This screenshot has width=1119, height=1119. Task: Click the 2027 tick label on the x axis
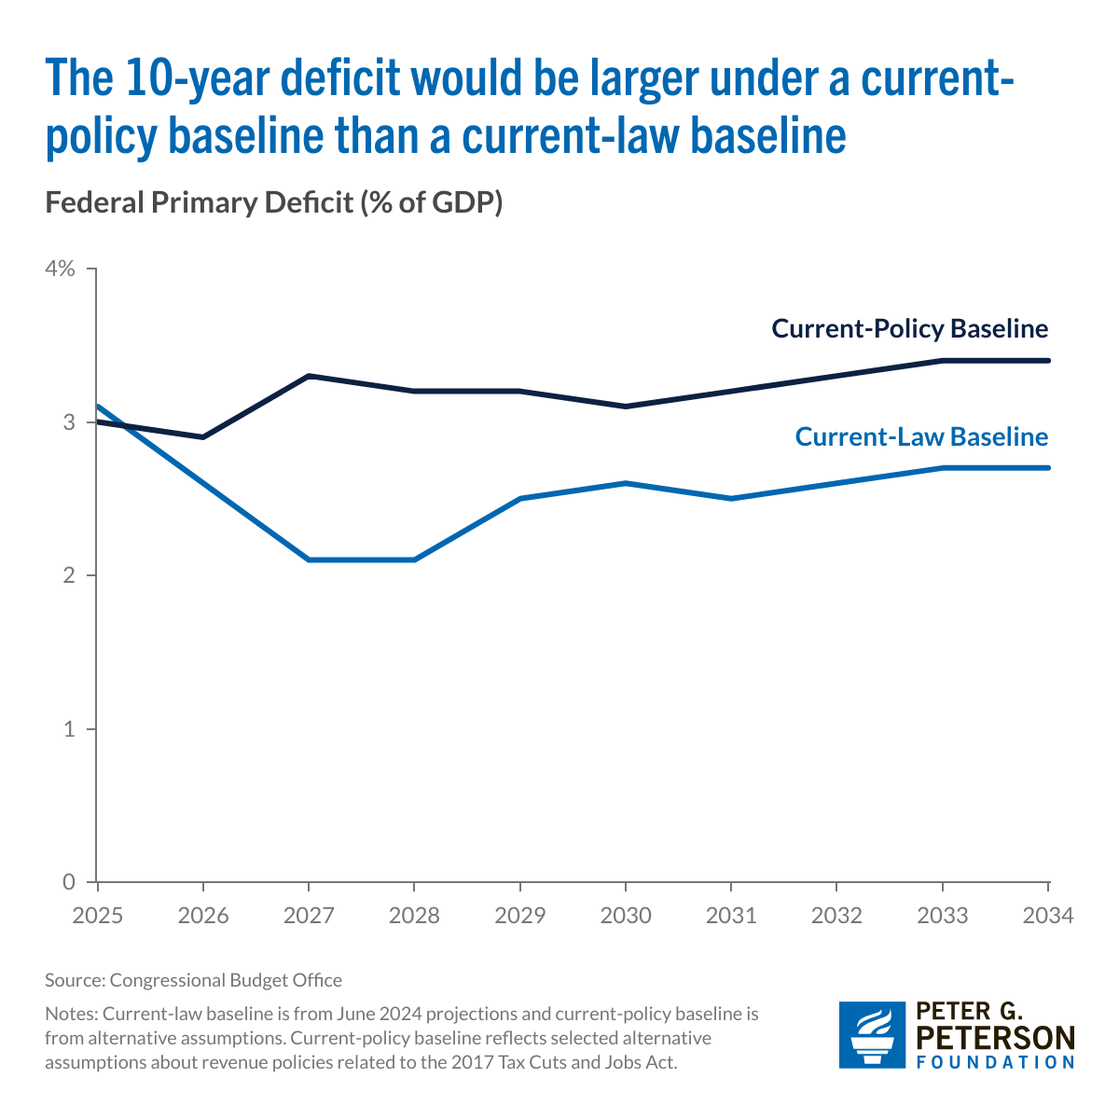309,916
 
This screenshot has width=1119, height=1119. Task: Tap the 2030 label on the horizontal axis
625,916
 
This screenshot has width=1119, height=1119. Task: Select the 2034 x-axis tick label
1048,916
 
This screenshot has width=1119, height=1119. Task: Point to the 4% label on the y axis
59,269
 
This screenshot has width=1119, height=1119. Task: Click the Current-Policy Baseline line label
909,329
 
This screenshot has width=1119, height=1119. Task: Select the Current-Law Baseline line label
921,437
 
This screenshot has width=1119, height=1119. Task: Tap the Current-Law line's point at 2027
309,559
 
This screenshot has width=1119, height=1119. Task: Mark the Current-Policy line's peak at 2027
309,376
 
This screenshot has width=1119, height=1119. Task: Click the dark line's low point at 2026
203,436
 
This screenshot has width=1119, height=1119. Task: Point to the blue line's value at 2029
519,499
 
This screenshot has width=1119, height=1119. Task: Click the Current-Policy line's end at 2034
1048,360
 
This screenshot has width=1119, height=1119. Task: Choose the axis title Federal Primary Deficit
274,202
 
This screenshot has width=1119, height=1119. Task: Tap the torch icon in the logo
871,1034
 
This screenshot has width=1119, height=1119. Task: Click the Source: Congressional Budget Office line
193,980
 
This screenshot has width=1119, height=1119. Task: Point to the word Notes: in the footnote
71,1013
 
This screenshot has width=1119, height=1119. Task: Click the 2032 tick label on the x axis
836,916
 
